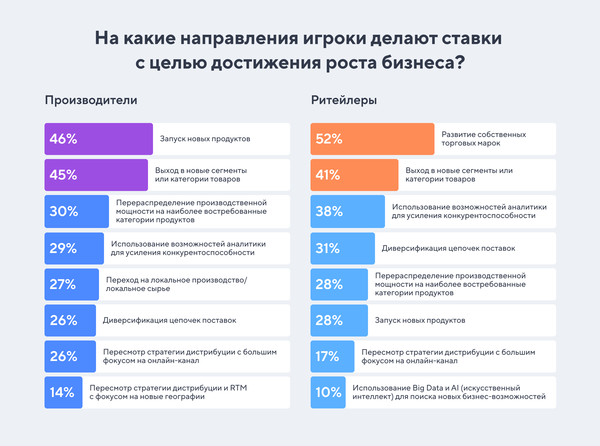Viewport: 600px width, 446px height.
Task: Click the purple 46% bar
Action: click(98, 139)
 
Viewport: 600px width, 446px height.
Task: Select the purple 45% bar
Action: click(96, 175)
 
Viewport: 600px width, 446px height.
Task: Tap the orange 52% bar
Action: click(372, 139)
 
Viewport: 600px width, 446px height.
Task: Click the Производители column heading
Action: click(91, 100)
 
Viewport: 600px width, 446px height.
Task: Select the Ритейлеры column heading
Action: click(344, 100)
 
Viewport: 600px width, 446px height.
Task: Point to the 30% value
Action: click(64, 211)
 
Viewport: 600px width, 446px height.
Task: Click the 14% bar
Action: click(63, 392)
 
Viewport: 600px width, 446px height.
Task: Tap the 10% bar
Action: click(328, 392)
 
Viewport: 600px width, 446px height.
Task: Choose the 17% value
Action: click(327, 356)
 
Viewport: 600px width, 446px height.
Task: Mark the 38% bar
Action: click(348, 211)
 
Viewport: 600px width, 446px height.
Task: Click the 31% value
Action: click(327, 248)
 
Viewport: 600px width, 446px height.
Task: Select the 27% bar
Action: click(71, 284)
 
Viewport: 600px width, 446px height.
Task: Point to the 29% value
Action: click(63, 248)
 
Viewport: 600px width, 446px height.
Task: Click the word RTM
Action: click(238, 388)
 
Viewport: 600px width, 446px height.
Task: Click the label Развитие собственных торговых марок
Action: click(483, 139)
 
